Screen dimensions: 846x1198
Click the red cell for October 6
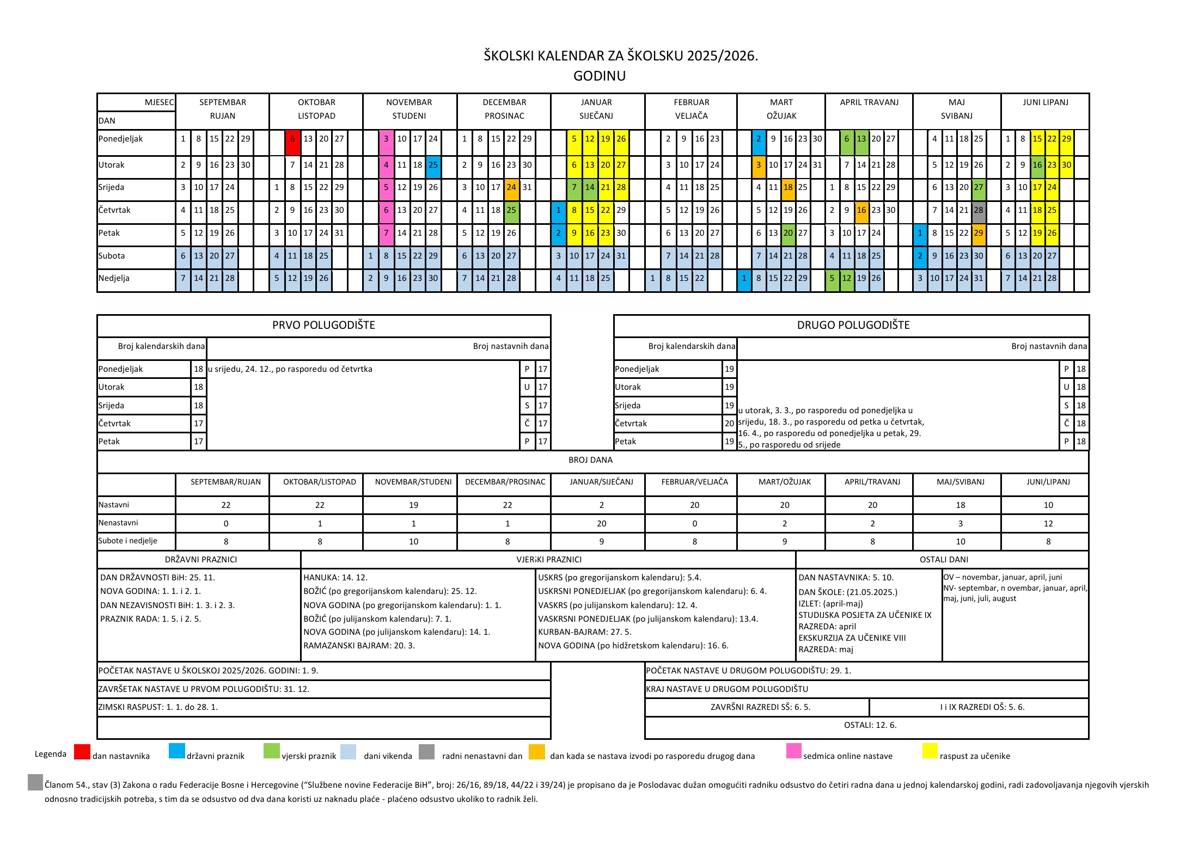(292, 139)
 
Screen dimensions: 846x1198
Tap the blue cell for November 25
(433, 165)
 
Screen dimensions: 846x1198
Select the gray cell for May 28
(979, 211)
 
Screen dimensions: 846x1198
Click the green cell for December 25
(511, 211)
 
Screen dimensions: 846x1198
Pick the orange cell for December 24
(511, 188)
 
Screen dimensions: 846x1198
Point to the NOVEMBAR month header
(409, 102)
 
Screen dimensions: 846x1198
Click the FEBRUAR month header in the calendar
(691, 102)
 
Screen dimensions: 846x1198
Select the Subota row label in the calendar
(112, 256)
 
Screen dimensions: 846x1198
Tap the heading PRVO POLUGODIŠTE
(323, 326)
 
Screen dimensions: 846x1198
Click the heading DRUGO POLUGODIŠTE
(853, 326)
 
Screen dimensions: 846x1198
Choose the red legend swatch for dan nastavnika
(82, 752)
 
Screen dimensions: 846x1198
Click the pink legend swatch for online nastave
(794, 751)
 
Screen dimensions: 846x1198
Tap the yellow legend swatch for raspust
(930, 751)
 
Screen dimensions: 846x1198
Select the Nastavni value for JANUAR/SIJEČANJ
(601, 505)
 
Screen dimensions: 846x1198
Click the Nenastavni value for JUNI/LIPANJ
(1048, 524)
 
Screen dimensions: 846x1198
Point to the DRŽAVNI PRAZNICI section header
(201, 560)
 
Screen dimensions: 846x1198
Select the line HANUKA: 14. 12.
(335, 578)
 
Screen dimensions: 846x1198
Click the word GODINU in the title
(599, 76)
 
